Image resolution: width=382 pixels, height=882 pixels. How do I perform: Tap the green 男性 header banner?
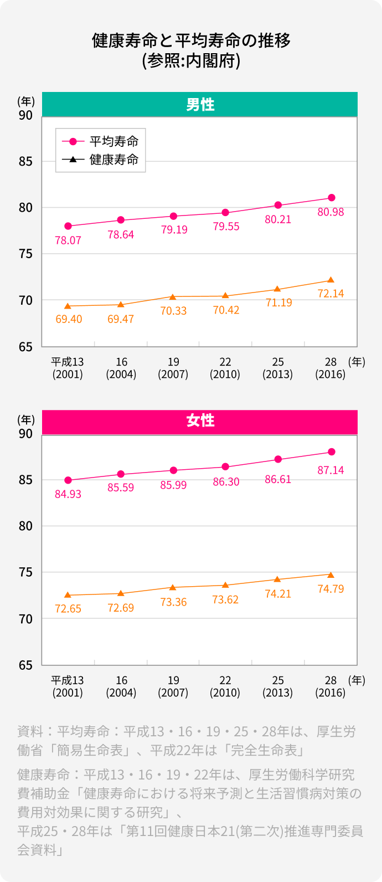pyautogui.click(x=200, y=104)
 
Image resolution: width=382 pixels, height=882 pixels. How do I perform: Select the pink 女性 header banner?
pyautogui.click(x=200, y=421)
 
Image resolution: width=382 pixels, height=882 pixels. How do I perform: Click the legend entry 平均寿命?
pyautogui.click(x=113, y=141)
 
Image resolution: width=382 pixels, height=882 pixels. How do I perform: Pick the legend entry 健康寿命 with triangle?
pyautogui.click(x=113, y=160)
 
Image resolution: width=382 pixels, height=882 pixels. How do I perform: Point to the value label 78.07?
pyautogui.click(x=68, y=240)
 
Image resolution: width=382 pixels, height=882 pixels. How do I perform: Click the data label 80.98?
pyautogui.click(x=331, y=212)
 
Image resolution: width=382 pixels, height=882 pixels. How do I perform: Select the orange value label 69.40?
pyautogui.click(x=69, y=320)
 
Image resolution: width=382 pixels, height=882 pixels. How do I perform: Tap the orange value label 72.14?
pyautogui.click(x=331, y=294)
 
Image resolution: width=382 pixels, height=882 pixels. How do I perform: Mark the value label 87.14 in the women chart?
pyautogui.click(x=331, y=470)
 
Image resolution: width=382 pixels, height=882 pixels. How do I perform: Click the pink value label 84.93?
pyautogui.click(x=68, y=494)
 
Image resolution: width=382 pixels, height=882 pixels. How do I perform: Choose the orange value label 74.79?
pyautogui.click(x=331, y=589)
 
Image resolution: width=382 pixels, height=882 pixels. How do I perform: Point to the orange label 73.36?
pyautogui.click(x=173, y=602)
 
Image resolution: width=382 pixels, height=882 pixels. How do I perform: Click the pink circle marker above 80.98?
pyautogui.click(x=332, y=198)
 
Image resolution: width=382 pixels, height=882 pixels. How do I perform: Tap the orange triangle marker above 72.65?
pyautogui.click(x=68, y=595)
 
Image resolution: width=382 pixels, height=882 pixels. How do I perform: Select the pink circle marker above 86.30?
pyautogui.click(x=225, y=467)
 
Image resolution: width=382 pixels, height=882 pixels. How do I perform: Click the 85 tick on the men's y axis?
pyautogui.click(x=25, y=162)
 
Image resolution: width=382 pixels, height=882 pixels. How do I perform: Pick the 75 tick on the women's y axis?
pyautogui.click(x=25, y=572)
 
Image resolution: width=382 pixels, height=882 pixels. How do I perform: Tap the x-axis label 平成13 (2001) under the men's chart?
pyautogui.click(x=68, y=368)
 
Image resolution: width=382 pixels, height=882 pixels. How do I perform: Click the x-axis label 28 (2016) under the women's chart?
pyautogui.click(x=331, y=686)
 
